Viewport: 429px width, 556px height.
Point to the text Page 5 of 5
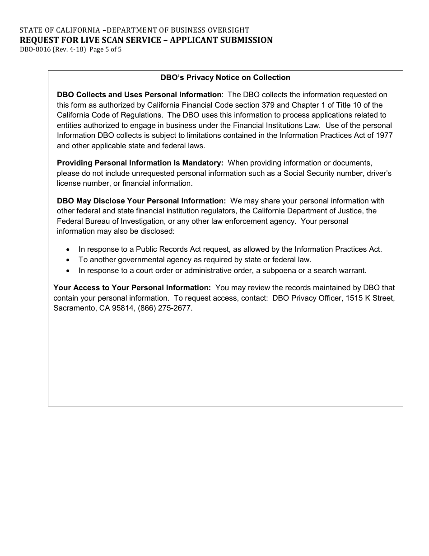pyautogui.click(x=106, y=50)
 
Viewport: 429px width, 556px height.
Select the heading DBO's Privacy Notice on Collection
pyautogui.click(x=225, y=77)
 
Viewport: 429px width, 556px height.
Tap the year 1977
pyautogui.click(x=383, y=135)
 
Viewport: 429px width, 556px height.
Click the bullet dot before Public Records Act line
pyautogui.click(x=68, y=250)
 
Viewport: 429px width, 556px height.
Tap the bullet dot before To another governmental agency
pyautogui.click(x=68, y=260)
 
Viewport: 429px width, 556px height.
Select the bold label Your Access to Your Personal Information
pyautogui.click(x=132, y=287)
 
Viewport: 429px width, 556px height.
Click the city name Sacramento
pyautogui.click(x=72, y=308)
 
